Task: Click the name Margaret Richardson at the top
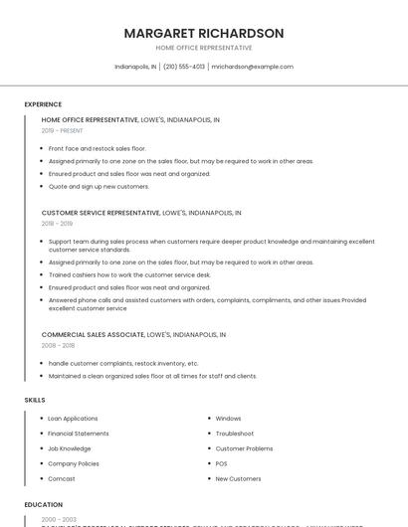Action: point(204,33)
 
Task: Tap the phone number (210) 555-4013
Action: point(184,67)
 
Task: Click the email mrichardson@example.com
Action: point(252,67)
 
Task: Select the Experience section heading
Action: point(43,104)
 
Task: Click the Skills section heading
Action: point(35,400)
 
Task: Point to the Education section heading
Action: point(44,505)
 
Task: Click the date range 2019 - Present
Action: point(63,130)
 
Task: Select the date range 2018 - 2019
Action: point(57,224)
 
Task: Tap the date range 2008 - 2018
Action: point(58,345)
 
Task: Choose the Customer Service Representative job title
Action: point(101,213)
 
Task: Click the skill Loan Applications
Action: point(73,419)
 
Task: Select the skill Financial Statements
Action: point(79,434)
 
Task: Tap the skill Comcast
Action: point(62,478)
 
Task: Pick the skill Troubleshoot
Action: point(235,434)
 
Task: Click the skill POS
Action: point(221,463)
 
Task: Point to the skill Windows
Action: point(228,419)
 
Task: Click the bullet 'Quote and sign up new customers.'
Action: point(99,186)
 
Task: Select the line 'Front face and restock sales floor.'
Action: point(97,148)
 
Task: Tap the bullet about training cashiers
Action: point(129,274)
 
